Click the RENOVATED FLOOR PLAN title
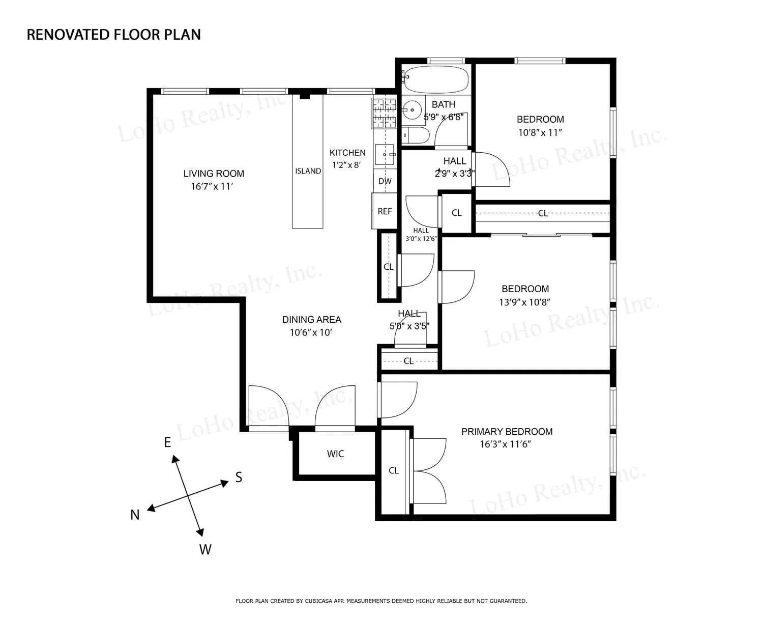pos(113,35)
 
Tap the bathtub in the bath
pos(435,79)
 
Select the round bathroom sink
pos(413,110)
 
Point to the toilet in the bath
pos(416,135)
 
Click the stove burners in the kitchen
pos(385,114)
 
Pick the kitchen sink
pos(385,155)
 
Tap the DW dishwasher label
pos(385,181)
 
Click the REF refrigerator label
pos(385,212)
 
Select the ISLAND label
pos(308,172)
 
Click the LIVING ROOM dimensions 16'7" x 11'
pos(212,186)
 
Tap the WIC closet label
pos(335,454)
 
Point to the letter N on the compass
pos(135,515)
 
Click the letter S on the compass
pos(239,477)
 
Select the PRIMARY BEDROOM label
pos(507,432)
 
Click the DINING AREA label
pos(312,320)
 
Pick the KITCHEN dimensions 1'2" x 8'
pos(346,165)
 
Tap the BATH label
pos(444,105)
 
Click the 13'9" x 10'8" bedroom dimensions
pos(525,302)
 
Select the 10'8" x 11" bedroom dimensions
pos(540,133)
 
